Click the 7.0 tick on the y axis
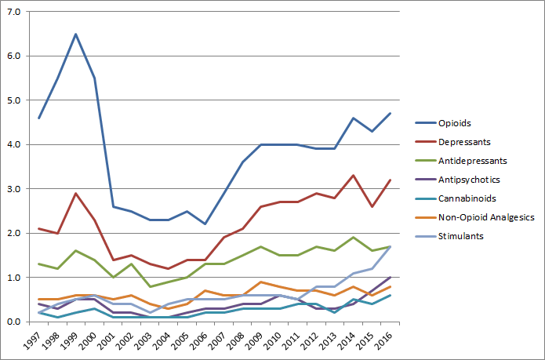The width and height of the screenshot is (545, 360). coord(13,13)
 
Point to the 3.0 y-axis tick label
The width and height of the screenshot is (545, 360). coord(13,189)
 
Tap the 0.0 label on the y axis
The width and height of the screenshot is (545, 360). coord(13,322)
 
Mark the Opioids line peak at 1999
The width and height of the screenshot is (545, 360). coord(75,34)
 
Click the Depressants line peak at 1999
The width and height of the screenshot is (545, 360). coord(75,193)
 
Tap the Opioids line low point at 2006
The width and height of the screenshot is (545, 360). coord(205,224)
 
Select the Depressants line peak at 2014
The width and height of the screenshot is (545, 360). coord(354,176)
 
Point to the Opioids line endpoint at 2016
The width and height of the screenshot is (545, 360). coord(391,114)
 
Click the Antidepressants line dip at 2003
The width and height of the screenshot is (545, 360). coord(149,286)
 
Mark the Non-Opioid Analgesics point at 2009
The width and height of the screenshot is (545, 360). coord(260,282)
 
